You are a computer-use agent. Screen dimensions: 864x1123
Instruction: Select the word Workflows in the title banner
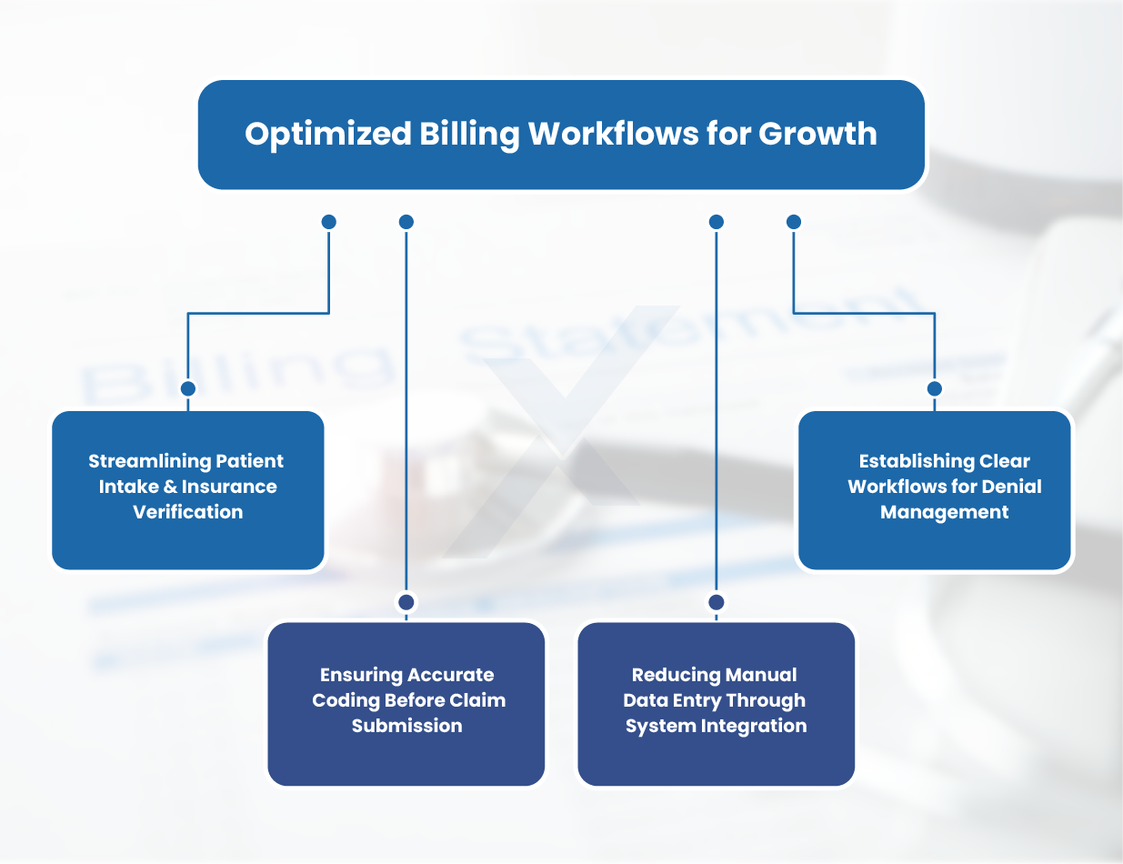point(614,134)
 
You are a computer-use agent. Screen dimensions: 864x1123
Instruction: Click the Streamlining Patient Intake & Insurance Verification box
point(187,489)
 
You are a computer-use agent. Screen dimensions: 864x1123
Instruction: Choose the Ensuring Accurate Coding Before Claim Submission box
point(406,703)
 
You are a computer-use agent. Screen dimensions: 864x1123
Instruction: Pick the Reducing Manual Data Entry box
point(716,703)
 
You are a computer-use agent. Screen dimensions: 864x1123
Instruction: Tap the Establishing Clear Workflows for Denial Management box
point(935,489)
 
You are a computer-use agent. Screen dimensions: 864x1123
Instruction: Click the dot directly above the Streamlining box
point(188,388)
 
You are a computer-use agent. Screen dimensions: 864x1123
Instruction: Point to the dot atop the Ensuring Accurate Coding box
point(406,602)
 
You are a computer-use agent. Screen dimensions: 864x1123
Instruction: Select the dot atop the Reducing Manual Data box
point(717,602)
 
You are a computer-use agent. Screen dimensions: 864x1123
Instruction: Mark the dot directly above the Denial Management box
point(935,388)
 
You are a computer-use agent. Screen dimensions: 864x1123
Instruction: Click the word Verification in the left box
point(188,512)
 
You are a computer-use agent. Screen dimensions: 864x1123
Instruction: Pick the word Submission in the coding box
point(406,726)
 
